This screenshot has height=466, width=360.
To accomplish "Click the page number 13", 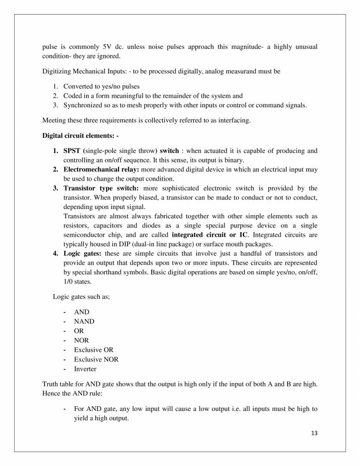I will (x=314, y=434).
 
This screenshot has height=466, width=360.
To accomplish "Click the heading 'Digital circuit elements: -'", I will (x=80, y=136).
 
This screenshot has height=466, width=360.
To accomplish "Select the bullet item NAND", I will (x=84, y=321).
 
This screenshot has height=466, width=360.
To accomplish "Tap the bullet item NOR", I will (x=81, y=340).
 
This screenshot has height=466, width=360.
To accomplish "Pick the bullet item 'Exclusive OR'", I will (x=93, y=350).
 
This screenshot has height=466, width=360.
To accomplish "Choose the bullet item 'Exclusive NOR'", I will (x=96, y=360).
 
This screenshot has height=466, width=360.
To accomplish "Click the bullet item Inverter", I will (x=87, y=369).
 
